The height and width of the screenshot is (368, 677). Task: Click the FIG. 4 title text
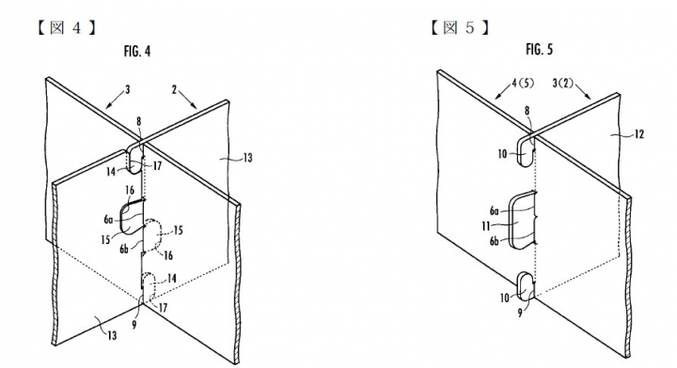[x=137, y=52]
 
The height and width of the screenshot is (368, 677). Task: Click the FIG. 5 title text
[x=540, y=50]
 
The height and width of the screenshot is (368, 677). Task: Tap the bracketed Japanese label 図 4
[x=66, y=28]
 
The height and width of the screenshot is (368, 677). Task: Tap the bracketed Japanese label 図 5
[x=460, y=28]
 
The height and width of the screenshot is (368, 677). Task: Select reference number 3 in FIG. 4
[x=127, y=89]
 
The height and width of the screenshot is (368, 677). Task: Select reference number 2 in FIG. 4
[x=174, y=90]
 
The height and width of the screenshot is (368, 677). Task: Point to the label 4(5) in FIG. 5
[x=523, y=84]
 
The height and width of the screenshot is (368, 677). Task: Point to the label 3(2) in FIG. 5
[x=563, y=84]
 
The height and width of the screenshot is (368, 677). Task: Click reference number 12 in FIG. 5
[x=638, y=134]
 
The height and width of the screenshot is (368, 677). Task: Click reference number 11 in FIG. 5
[x=486, y=225]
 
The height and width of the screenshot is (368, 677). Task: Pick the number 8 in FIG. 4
[x=138, y=121]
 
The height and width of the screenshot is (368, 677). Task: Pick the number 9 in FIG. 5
[x=520, y=314]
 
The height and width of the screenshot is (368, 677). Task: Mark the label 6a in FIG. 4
[x=108, y=220]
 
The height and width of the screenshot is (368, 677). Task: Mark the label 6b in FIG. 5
[x=495, y=241]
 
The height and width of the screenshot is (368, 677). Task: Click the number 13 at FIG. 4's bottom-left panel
[x=112, y=335]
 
